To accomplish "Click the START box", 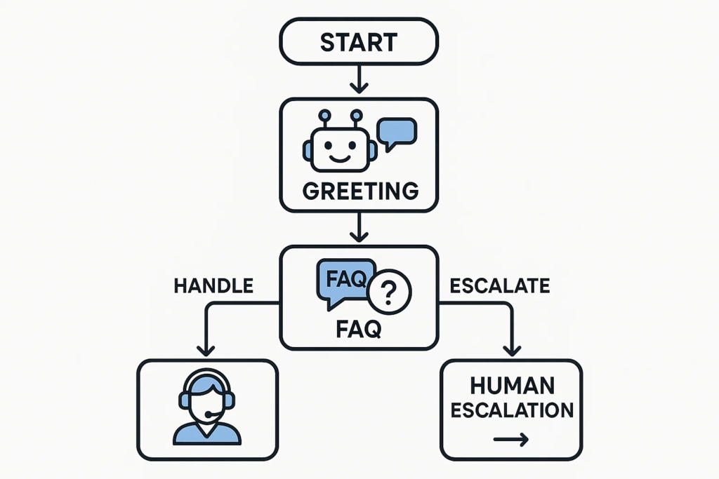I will tap(359, 43).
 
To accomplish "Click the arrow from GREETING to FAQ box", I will tap(359, 228).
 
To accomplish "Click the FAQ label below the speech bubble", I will tap(358, 328).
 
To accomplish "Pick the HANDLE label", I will tap(213, 285).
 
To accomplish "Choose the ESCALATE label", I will tap(499, 285).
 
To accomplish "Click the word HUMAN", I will tap(511, 385).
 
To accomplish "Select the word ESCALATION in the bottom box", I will tap(511, 410).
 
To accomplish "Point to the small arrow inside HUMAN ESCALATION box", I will tap(511, 440).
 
